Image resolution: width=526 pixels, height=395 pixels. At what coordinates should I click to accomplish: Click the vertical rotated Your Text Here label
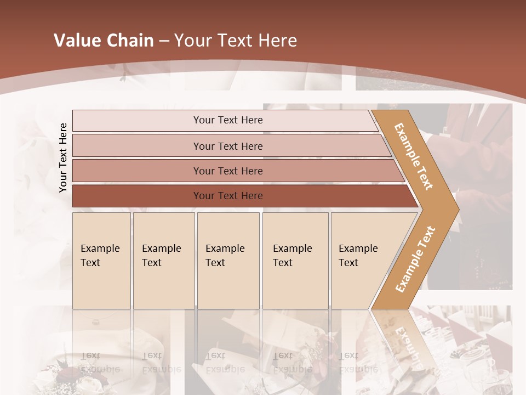coord(63,157)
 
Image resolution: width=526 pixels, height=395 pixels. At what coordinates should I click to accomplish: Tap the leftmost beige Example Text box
coord(101,261)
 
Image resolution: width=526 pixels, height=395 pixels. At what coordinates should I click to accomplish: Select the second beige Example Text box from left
coord(164,261)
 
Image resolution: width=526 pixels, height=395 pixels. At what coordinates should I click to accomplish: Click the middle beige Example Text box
coord(228,261)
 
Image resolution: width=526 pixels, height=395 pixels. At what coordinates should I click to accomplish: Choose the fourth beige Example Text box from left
coord(295,261)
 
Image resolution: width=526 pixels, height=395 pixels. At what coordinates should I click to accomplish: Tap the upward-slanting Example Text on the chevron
coord(415,259)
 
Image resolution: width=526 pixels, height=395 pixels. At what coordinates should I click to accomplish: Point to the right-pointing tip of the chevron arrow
coord(458,209)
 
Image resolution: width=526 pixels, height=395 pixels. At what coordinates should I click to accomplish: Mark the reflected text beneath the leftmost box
coord(99,363)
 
